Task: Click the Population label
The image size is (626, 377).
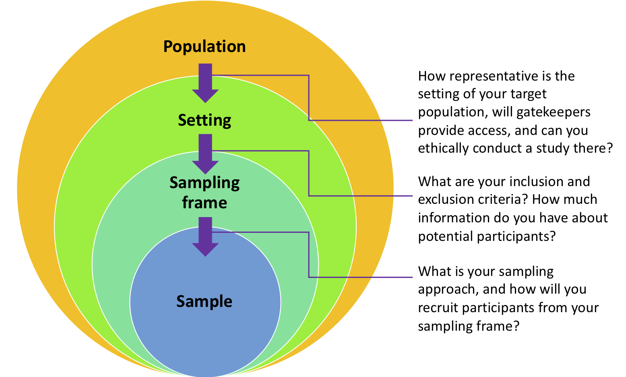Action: point(205,47)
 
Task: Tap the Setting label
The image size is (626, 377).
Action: point(205,120)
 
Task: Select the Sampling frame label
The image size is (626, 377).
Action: point(205,193)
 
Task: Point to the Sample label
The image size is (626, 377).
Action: point(205,301)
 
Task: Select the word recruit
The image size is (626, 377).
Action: point(438,308)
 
